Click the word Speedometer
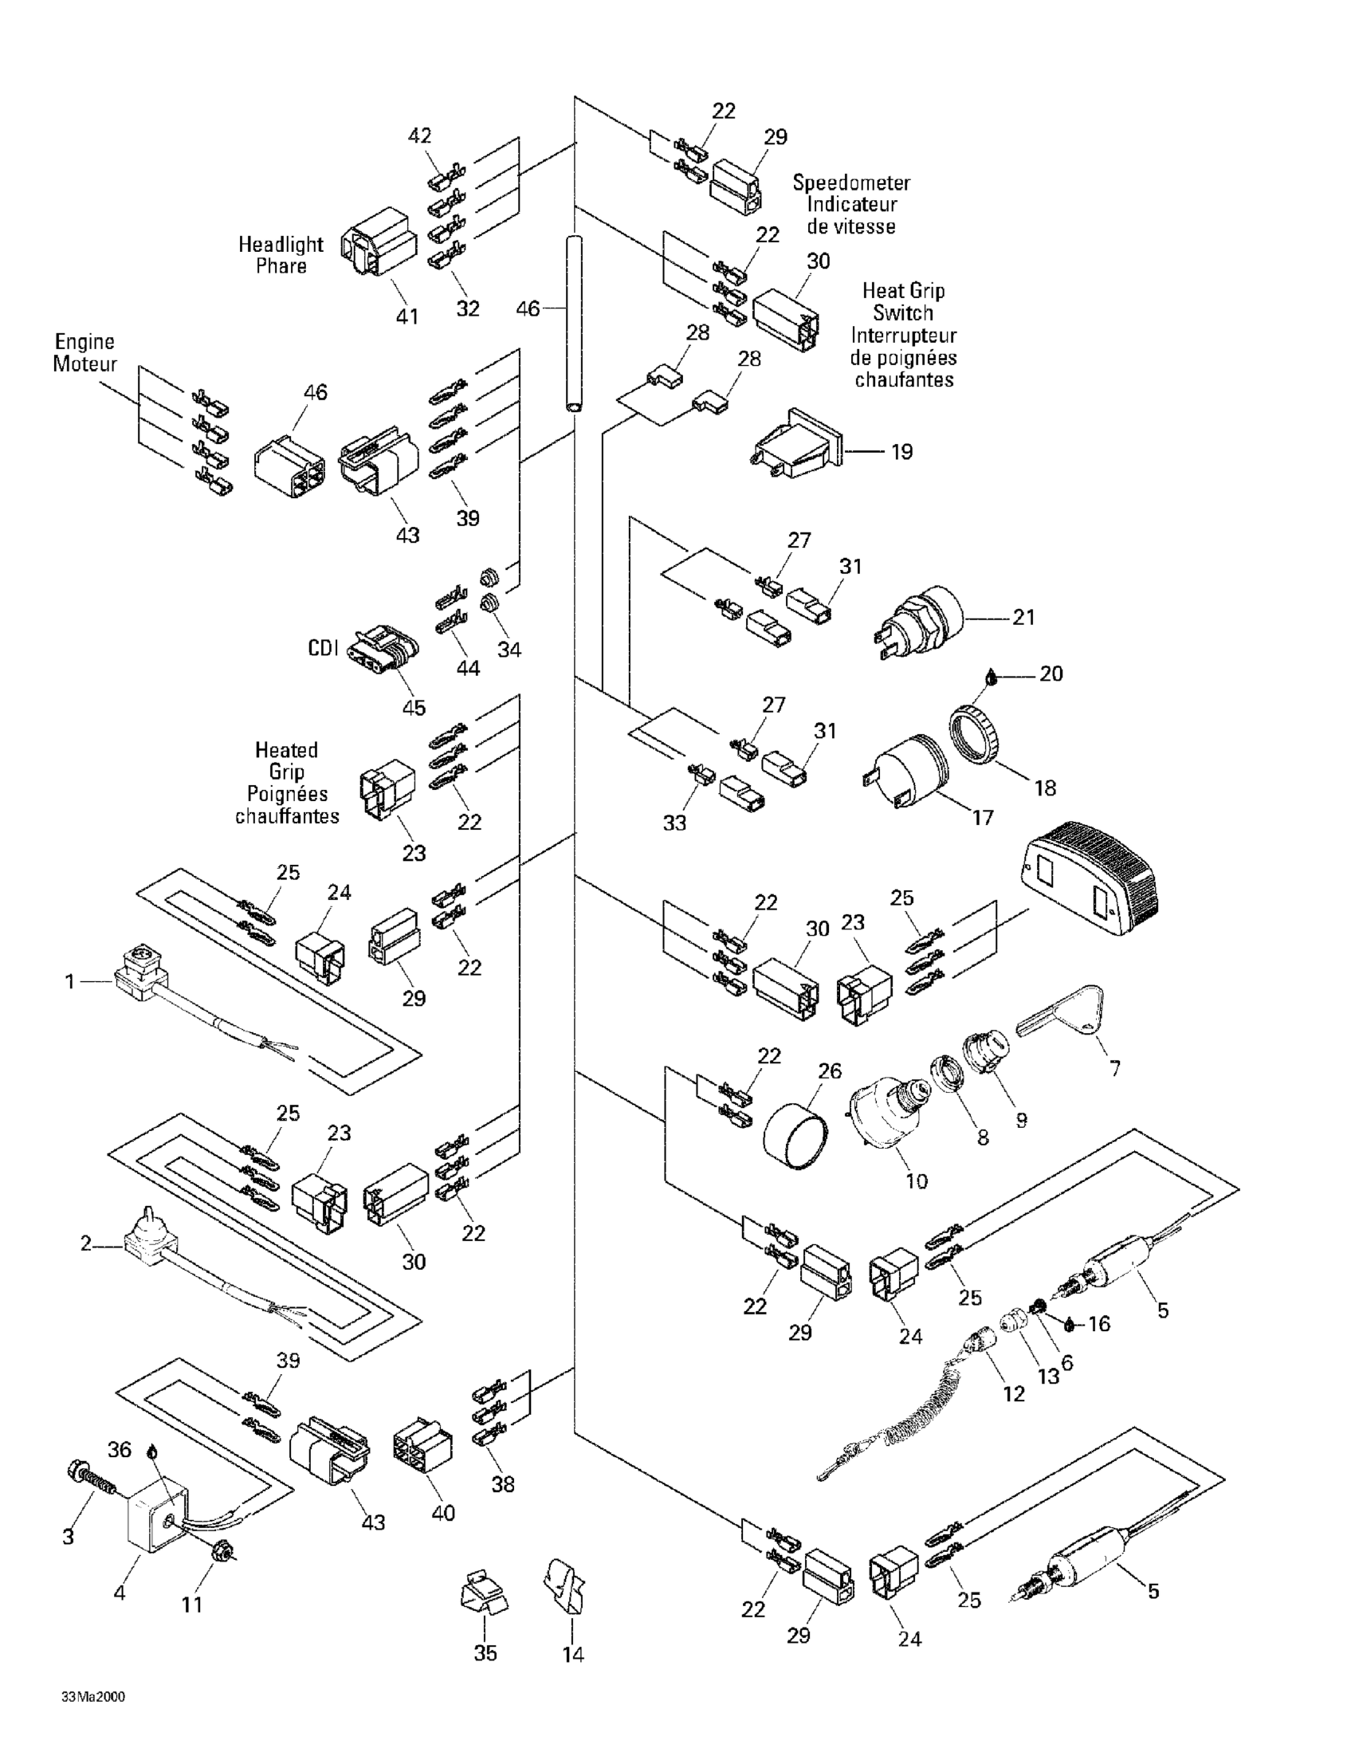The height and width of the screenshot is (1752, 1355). [x=851, y=183]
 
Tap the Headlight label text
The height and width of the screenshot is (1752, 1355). [x=281, y=245]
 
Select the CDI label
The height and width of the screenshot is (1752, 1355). [x=324, y=648]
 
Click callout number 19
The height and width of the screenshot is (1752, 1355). [x=901, y=452]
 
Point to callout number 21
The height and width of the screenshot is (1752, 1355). [x=1023, y=618]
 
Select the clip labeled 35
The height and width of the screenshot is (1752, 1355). [x=485, y=1589]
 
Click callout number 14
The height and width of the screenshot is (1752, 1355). [x=573, y=1654]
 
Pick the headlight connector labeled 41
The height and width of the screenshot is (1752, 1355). [x=379, y=242]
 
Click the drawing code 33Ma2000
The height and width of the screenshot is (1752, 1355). [x=93, y=1697]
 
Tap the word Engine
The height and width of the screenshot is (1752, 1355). [x=85, y=342]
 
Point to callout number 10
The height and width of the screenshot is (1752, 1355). [x=916, y=1180]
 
